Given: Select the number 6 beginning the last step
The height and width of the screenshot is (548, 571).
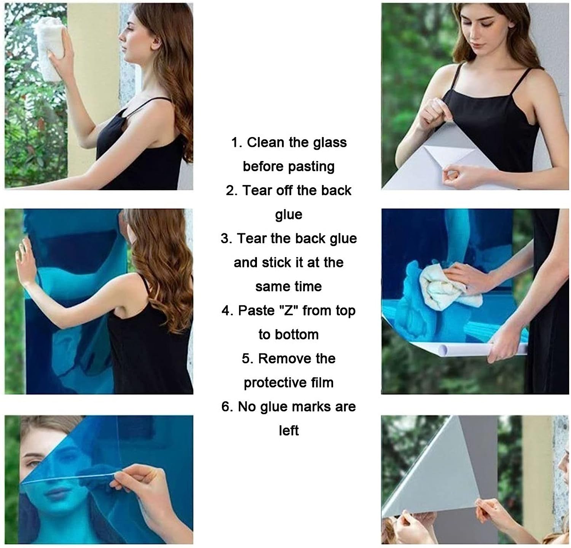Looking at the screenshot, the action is point(226,407).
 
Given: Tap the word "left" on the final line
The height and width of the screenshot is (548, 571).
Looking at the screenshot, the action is point(289,431).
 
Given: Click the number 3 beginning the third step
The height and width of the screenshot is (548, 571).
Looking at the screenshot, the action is point(226,239).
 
